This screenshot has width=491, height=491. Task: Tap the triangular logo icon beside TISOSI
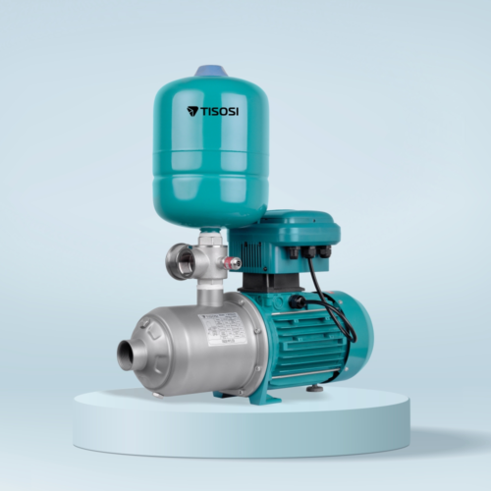[x=191, y=111]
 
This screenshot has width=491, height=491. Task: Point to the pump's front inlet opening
[x=126, y=355]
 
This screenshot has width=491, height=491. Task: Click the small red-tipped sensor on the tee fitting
[x=234, y=263]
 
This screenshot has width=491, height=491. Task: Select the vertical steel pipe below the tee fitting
[x=208, y=293]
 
